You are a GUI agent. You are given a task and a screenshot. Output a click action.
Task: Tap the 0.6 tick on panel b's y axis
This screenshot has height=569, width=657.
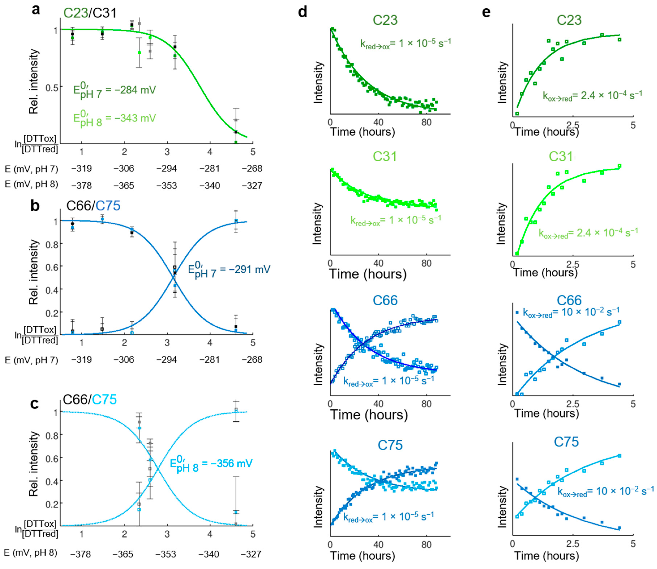(x=52, y=267)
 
